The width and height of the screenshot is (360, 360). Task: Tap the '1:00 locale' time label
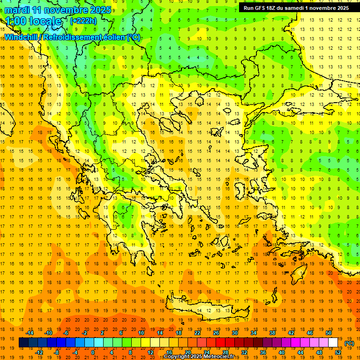[x=34, y=21]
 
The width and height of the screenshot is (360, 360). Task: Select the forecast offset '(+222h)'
[x=83, y=21]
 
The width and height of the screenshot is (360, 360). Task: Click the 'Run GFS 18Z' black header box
[x=296, y=7]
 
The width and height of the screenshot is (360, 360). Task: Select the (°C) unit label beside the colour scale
[x=349, y=343]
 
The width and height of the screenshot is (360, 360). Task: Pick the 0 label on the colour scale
[x=93, y=352]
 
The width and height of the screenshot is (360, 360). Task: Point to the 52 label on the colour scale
[x=338, y=352]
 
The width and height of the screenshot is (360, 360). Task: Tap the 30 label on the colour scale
[x=234, y=333]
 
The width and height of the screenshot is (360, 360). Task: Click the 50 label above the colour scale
[x=328, y=333]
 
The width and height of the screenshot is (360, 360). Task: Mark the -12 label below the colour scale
[x=39, y=352]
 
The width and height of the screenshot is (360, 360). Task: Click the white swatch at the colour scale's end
[x=333, y=343]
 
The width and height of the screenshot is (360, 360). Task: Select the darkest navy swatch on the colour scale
[x=23, y=343]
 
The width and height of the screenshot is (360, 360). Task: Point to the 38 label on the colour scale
[x=272, y=333]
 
